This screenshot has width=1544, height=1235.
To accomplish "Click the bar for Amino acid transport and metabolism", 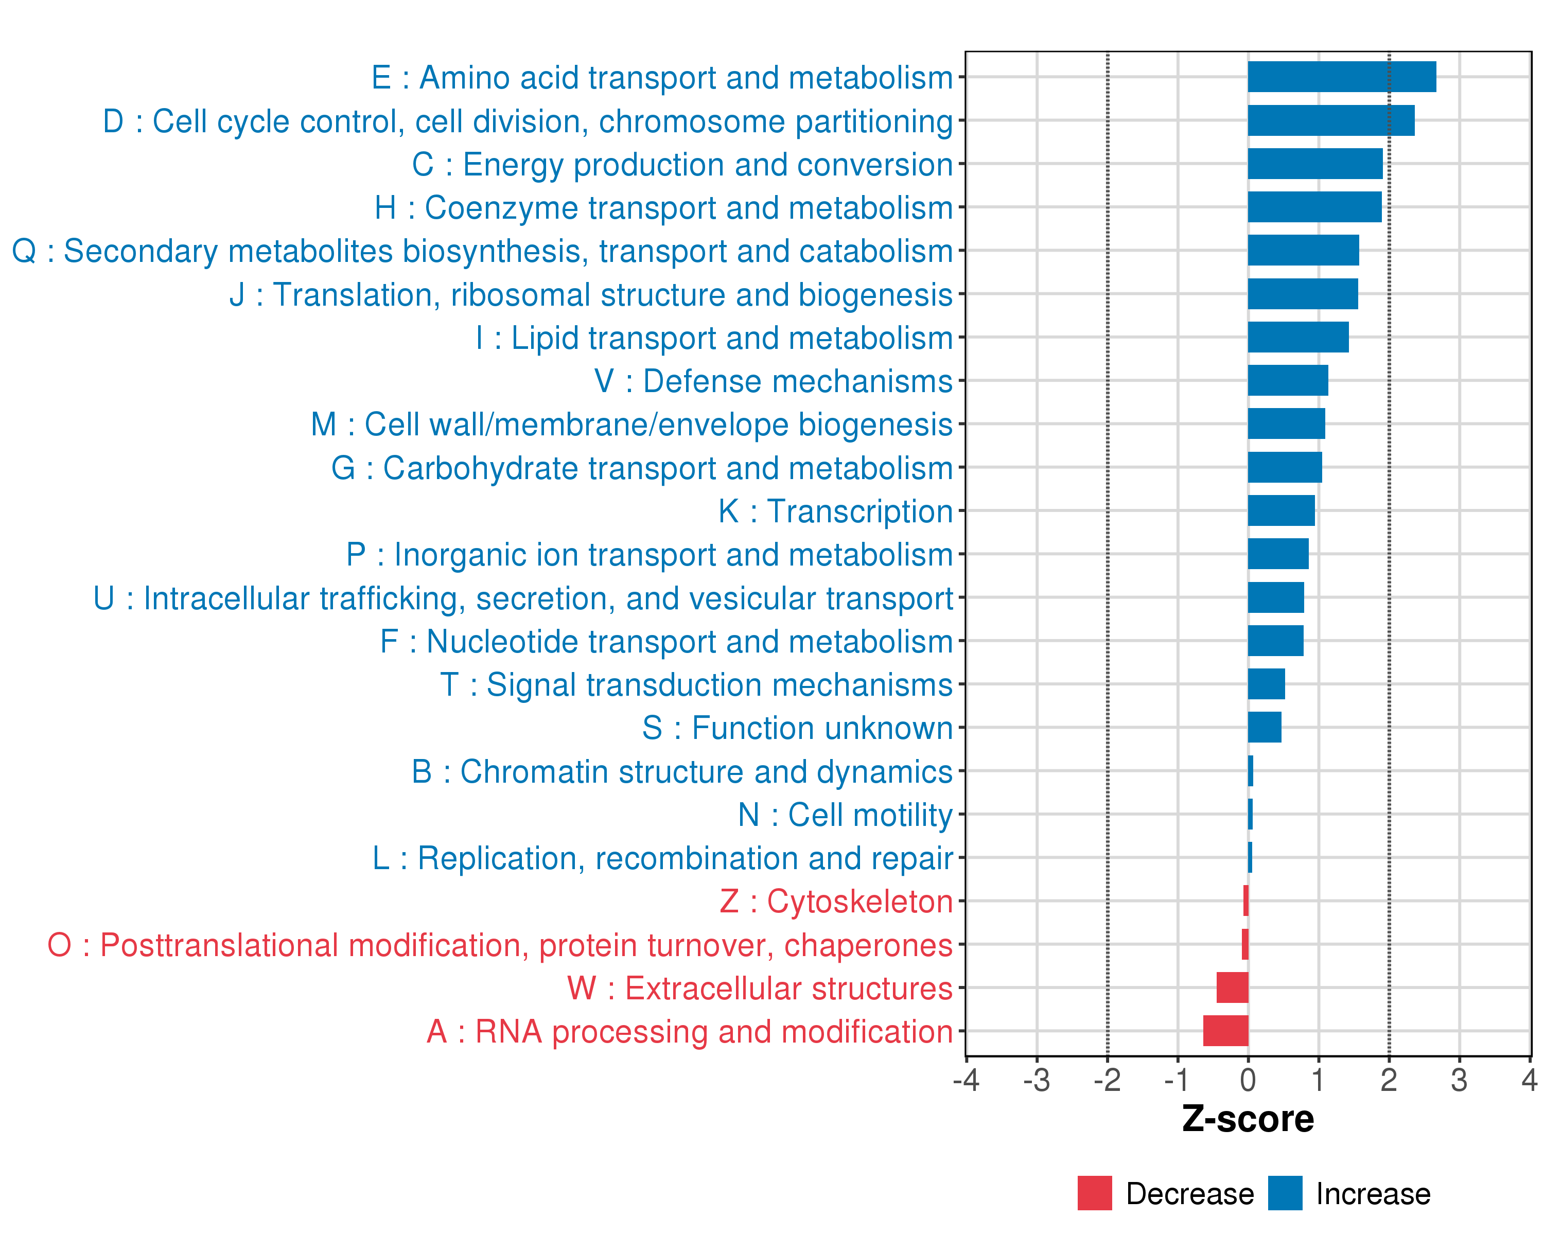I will (1341, 77).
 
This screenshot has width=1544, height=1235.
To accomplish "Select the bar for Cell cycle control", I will (1330, 120).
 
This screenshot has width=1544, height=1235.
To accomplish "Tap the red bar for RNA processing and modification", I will (1225, 1031).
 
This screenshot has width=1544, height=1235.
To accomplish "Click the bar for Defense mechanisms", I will (1288, 380).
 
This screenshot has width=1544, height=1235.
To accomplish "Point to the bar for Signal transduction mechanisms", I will (1266, 684).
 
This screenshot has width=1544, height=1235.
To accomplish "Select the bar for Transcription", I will (1281, 510).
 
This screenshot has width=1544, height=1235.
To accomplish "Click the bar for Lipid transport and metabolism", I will (1297, 337).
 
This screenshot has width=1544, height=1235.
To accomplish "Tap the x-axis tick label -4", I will (966, 1080).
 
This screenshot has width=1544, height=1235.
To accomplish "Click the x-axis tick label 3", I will (1459, 1080).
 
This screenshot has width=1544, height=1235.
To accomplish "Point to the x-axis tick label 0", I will (1248, 1080).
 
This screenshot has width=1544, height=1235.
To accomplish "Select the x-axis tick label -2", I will (1107, 1080).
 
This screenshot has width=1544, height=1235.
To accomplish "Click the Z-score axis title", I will (1248, 1119).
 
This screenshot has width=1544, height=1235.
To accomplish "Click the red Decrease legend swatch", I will (1094, 1193).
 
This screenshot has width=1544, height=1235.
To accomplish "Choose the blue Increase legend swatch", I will (1285, 1193).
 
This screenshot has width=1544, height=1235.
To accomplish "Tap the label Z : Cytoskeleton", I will (836, 902).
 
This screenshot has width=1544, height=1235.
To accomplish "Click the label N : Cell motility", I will (845, 815).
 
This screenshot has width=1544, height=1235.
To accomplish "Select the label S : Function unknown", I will (797, 728).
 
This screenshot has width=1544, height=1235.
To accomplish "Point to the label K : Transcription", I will (835, 511).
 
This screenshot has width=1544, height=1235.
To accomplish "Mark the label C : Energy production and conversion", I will (682, 165).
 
